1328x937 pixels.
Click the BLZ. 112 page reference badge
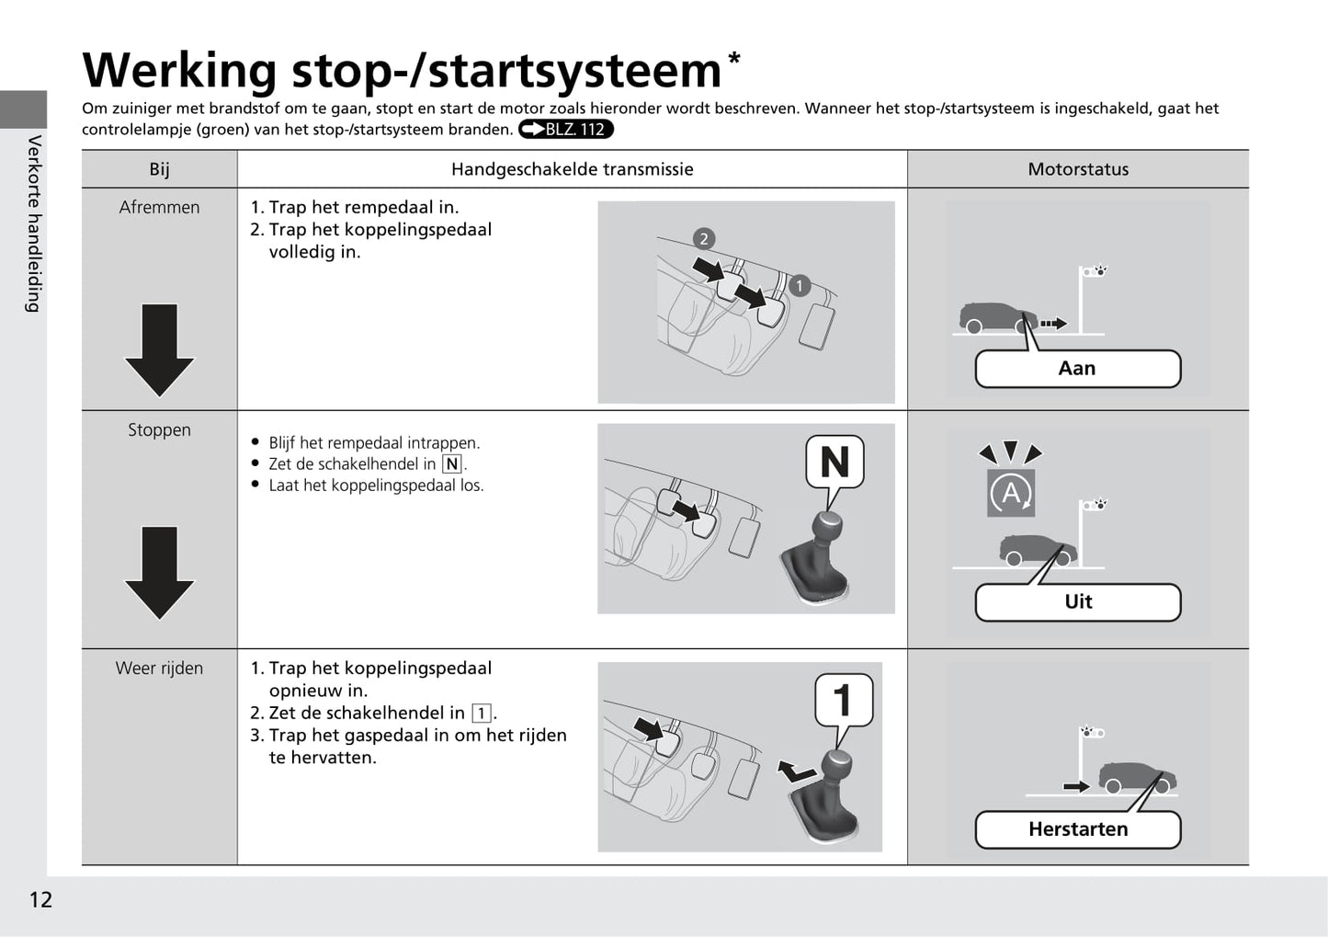point(565,130)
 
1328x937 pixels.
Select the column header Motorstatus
point(1077,169)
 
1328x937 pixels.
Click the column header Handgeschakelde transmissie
point(572,169)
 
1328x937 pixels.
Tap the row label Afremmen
point(159,208)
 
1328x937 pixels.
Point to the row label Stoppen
point(159,429)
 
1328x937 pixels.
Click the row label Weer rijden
point(159,668)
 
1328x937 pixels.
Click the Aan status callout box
point(1077,369)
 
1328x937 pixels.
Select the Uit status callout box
point(1077,602)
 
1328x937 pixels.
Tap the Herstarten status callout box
point(1077,829)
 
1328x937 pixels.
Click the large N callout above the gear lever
point(834,462)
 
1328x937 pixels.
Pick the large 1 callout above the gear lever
point(843,700)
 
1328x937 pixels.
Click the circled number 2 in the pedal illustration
point(704,239)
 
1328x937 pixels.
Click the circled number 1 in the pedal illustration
point(799,286)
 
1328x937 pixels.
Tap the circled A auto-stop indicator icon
point(1011,494)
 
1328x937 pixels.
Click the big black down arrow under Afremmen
point(159,349)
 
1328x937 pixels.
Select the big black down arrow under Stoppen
point(159,572)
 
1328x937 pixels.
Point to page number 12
point(40,899)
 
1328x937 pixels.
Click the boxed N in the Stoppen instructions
point(451,464)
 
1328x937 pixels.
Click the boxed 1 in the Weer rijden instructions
point(481,714)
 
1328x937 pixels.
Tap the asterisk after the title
point(733,60)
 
